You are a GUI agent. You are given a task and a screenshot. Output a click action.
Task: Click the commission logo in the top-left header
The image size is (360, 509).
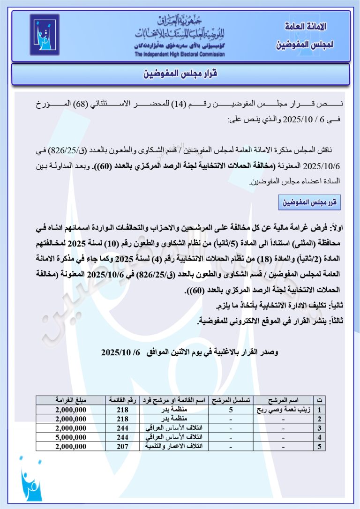pyautogui.click(x=45, y=35)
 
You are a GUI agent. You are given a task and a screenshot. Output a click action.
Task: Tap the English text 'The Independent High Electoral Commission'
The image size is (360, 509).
pyautogui.click(x=180, y=54)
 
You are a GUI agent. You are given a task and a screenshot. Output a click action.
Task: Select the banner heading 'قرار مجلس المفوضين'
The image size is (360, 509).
pyautogui.click(x=180, y=74)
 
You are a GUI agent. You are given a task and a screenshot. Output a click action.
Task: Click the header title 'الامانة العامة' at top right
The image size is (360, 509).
pyautogui.click(x=305, y=26)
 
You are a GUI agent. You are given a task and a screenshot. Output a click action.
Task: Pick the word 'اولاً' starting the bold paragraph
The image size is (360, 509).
pyautogui.click(x=335, y=228)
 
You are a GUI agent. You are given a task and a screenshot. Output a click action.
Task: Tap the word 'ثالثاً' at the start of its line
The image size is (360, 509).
pyautogui.click(x=334, y=320)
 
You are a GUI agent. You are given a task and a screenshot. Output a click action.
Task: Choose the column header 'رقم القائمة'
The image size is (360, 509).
pyautogui.click(x=122, y=401)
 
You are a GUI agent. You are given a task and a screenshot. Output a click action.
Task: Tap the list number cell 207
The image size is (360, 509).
pyautogui.click(x=122, y=447)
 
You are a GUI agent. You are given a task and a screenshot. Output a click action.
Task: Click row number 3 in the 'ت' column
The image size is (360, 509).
pyautogui.click(x=320, y=428)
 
